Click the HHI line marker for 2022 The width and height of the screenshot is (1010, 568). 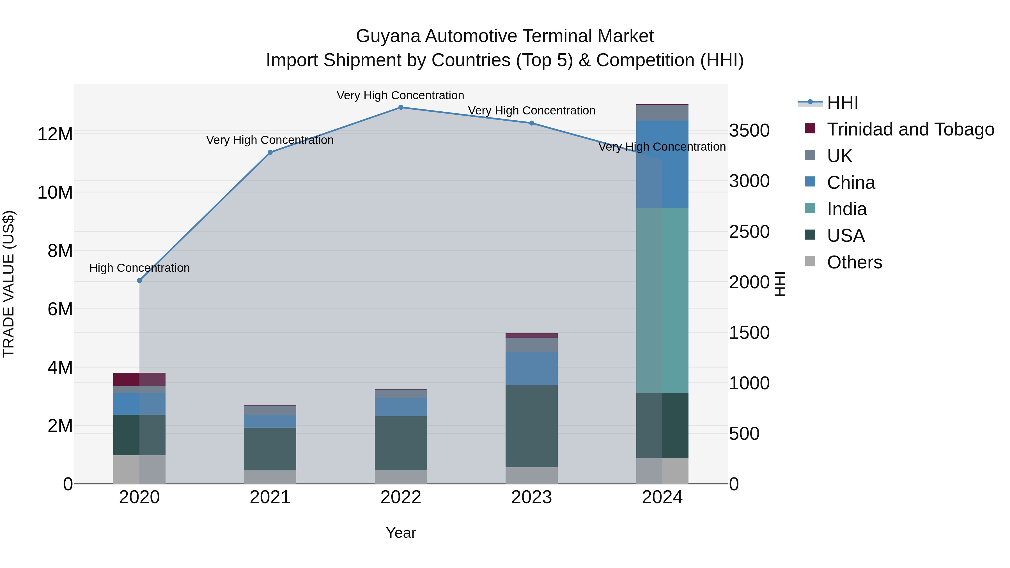[x=401, y=107]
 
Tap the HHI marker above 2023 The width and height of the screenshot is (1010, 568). [x=532, y=123]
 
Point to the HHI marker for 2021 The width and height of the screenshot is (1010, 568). [x=270, y=153]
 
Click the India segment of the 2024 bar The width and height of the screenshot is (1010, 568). [x=662, y=300]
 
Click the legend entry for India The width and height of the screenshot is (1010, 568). [x=847, y=209]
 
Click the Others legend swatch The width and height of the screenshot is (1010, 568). [x=810, y=261]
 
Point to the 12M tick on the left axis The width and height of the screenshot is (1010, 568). [x=55, y=134]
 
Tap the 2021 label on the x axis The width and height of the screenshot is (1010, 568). [x=270, y=497]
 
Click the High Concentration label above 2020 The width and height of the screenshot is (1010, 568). [x=140, y=268]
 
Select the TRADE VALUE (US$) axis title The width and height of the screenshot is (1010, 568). [x=9, y=284]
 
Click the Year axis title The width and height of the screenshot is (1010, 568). [x=401, y=533]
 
